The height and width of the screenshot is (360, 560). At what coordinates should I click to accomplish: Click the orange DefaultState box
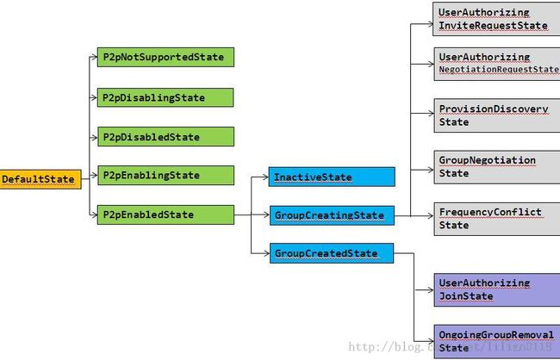click(x=40, y=179)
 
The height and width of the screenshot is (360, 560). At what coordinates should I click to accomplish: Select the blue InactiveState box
click(x=332, y=177)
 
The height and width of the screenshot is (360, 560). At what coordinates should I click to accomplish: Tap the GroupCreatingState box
click(x=332, y=214)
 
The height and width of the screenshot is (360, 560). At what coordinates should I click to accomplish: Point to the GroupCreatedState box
click(x=332, y=253)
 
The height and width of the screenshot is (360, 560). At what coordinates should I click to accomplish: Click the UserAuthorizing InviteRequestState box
click(x=496, y=19)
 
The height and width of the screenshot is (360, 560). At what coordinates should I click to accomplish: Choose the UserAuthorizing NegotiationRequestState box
click(x=496, y=63)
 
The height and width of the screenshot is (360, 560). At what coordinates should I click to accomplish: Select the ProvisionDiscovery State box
click(x=496, y=115)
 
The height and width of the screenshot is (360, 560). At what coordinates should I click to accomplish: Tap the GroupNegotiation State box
click(x=496, y=166)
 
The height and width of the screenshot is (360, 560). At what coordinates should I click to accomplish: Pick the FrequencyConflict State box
click(x=496, y=218)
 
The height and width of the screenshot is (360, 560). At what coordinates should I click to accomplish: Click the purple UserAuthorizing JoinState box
click(x=496, y=289)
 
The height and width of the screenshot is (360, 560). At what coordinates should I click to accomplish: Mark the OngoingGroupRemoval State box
click(x=496, y=340)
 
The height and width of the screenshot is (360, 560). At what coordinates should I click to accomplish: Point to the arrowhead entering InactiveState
click(x=264, y=177)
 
